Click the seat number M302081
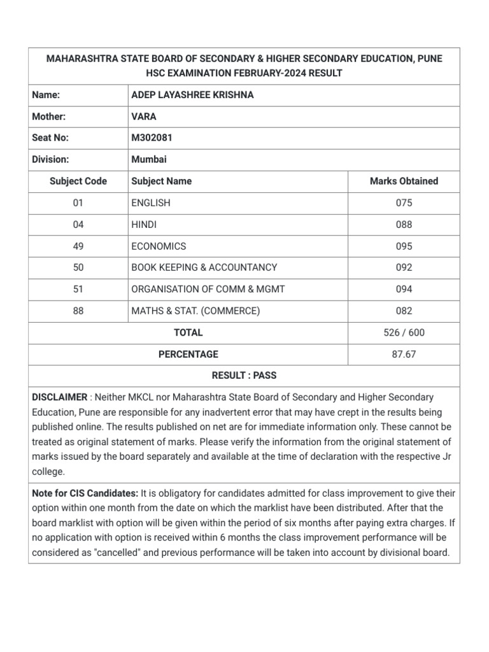click(152, 138)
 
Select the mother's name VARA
click(144, 117)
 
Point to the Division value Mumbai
click(149, 160)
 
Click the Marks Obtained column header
click(404, 181)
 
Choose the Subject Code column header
click(78, 181)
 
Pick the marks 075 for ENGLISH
click(404, 203)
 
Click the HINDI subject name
click(144, 225)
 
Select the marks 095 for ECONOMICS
click(404, 246)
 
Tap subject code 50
click(78, 268)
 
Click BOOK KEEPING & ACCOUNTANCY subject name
click(204, 268)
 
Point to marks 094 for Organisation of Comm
click(404, 290)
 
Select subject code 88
click(78, 311)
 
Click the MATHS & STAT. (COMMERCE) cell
click(195, 311)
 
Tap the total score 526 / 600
click(404, 333)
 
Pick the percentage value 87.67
click(404, 355)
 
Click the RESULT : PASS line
click(244, 376)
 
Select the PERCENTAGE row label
click(188, 355)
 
